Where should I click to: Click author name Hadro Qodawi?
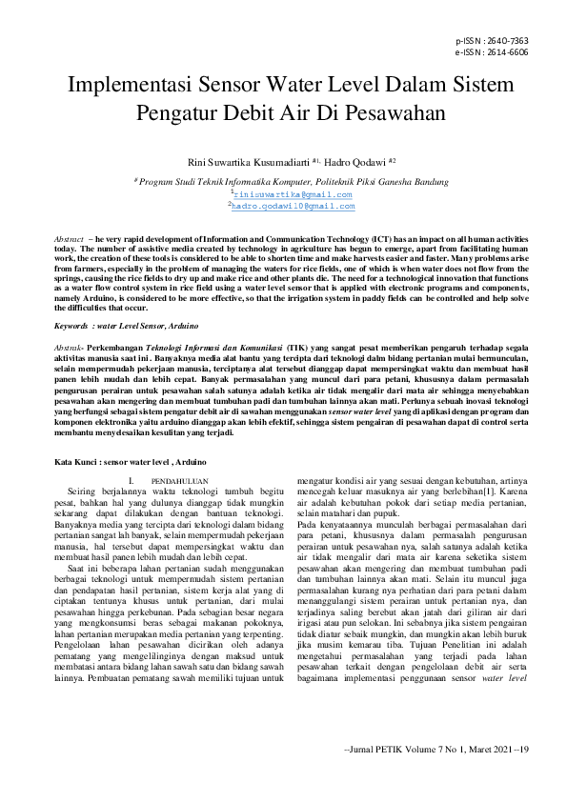(363, 163)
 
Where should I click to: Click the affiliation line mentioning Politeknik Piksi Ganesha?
(283, 179)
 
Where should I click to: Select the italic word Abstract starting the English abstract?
(70, 234)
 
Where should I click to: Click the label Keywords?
(72, 326)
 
